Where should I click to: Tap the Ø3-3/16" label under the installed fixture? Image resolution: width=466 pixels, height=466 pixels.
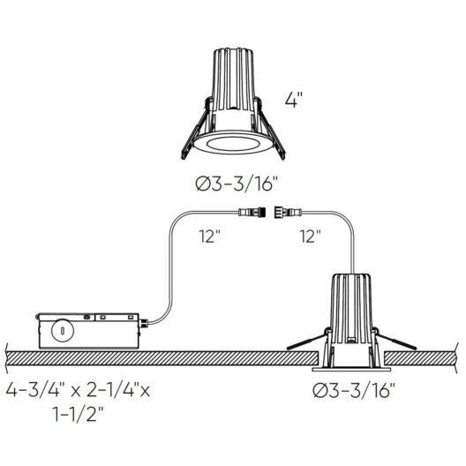(353, 388)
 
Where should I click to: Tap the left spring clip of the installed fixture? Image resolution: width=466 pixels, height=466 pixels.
(310, 341)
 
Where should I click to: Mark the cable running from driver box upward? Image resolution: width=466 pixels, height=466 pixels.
(169, 265)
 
